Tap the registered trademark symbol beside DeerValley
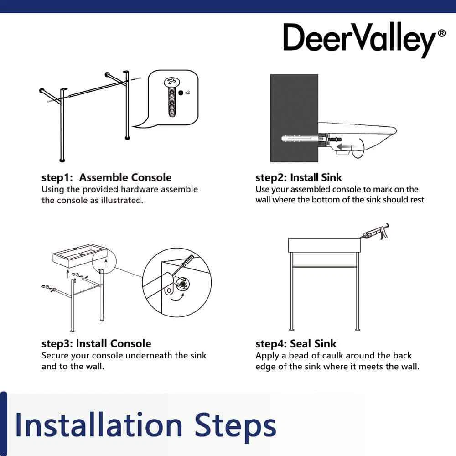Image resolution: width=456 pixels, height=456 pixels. [441, 33]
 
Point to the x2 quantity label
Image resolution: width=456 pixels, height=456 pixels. [187, 93]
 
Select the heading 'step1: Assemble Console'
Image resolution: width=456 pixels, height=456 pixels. [106, 177]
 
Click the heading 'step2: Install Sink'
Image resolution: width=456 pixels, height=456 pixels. [298, 177]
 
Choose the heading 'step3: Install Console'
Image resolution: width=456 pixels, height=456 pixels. [96, 343]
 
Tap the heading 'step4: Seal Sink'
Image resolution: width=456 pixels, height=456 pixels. [296, 344]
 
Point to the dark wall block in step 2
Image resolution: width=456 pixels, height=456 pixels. [294, 118]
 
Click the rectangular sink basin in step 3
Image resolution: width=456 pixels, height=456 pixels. [80, 255]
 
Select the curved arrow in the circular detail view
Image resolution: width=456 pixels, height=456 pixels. [177, 297]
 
